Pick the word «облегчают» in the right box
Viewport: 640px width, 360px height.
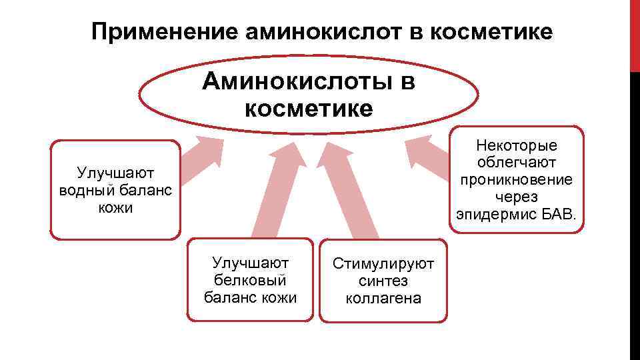pyautogui.click(x=517, y=163)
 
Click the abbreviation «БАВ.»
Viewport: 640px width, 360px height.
pyautogui.click(x=564, y=215)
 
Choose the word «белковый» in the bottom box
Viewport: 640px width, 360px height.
pyautogui.click(x=250, y=279)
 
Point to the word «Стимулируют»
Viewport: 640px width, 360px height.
pyautogui.click(x=383, y=265)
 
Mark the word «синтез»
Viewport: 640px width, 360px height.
pyautogui.click(x=383, y=281)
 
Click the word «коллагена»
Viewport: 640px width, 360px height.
pyautogui.click(x=383, y=298)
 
